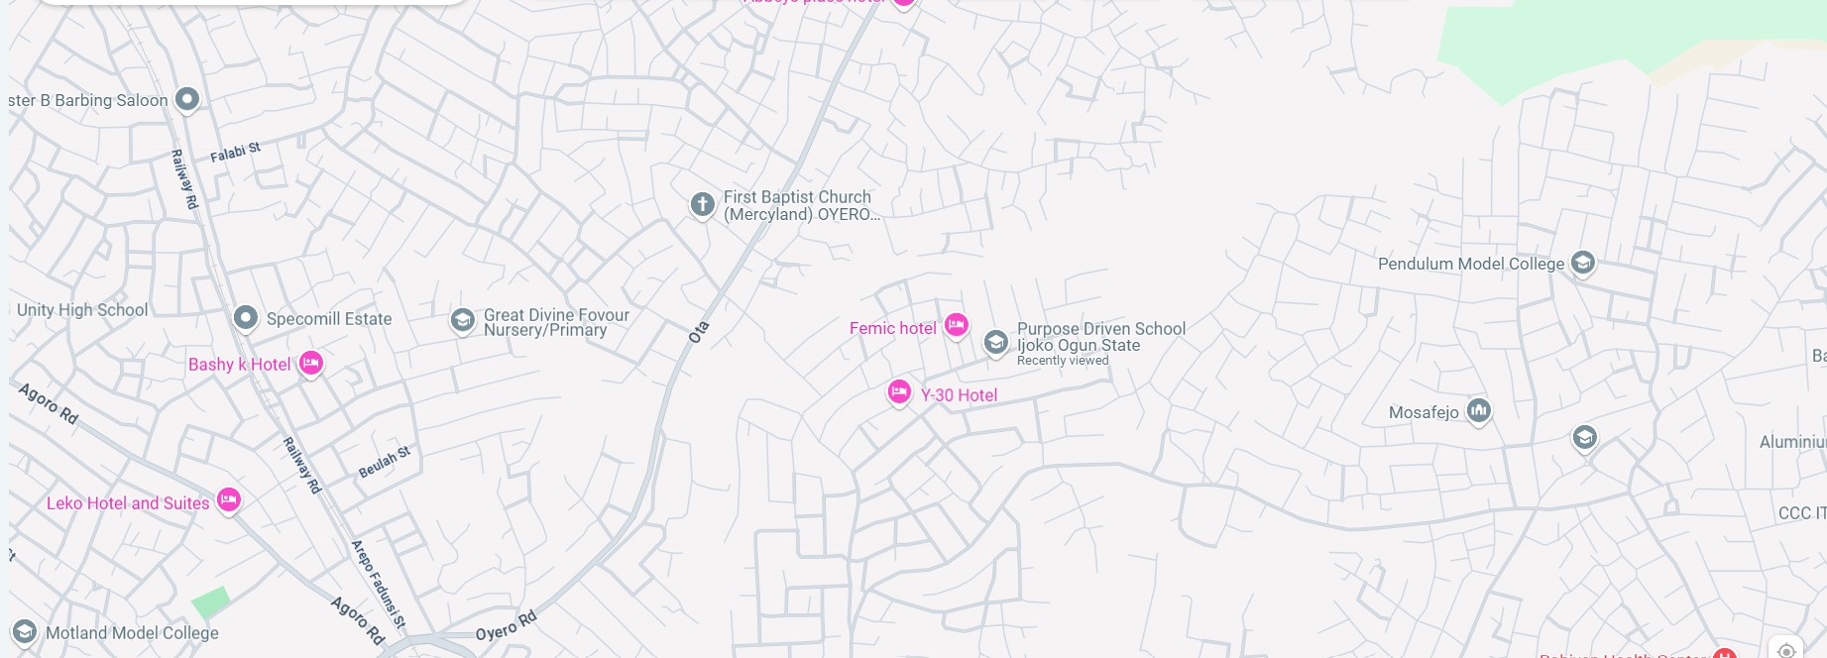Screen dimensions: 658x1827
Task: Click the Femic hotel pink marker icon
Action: click(x=956, y=324)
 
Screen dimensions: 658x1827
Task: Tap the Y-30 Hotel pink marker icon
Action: click(x=899, y=392)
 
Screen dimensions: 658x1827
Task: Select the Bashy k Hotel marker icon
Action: click(x=310, y=363)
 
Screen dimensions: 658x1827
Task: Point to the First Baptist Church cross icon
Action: click(x=702, y=204)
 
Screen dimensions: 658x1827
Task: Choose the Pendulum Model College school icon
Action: click(x=1583, y=263)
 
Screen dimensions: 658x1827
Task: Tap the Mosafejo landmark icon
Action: click(x=1478, y=409)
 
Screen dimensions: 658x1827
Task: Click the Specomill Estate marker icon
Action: click(x=245, y=317)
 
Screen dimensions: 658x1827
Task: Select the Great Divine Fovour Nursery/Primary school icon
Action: click(x=462, y=320)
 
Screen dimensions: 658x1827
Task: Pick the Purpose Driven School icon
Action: click(x=995, y=342)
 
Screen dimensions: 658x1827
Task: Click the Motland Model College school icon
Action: click(x=24, y=631)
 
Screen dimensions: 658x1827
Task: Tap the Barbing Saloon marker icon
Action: click(x=186, y=99)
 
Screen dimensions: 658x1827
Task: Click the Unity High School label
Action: click(x=82, y=309)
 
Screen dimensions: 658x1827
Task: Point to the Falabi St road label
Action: click(x=235, y=153)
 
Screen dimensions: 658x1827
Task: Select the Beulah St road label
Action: click(x=384, y=462)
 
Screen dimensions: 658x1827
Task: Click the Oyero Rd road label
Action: click(x=506, y=626)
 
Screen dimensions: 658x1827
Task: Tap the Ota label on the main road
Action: click(x=699, y=331)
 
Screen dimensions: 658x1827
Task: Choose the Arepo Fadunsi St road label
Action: click(x=379, y=585)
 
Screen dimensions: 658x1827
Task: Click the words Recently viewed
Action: click(x=1063, y=361)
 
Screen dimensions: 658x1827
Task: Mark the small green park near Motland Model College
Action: click(x=210, y=602)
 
